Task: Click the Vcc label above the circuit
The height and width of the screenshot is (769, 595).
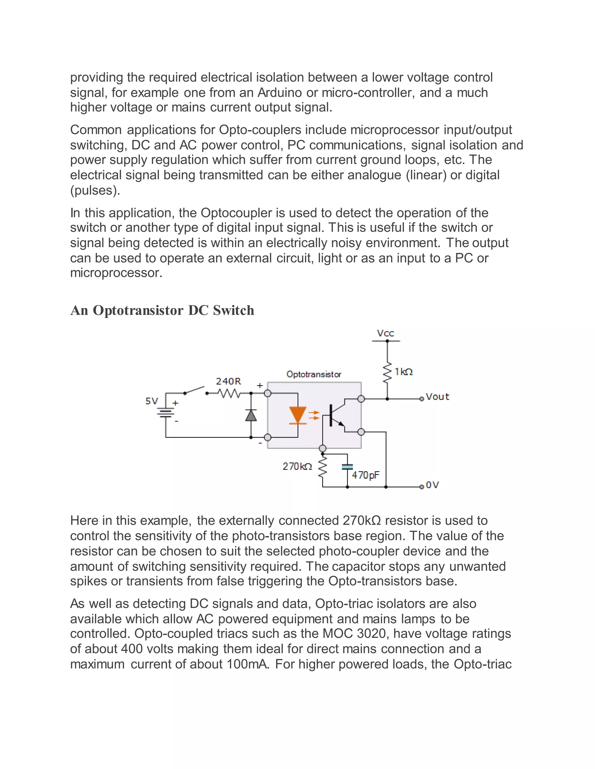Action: (x=385, y=333)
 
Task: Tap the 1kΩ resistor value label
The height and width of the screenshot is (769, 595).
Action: (x=403, y=372)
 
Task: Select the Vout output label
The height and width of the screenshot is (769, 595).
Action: (x=438, y=397)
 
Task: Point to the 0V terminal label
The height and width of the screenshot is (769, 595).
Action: (x=433, y=485)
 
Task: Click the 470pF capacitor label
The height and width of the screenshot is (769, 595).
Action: (x=365, y=475)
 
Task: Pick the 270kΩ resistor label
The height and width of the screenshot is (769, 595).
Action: (x=297, y=467)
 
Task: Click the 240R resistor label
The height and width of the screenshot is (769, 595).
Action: (x=228, y=381)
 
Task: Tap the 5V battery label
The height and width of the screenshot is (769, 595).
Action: (x=152, y=401)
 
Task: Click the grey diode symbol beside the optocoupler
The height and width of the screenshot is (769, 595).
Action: (x=251, y=416)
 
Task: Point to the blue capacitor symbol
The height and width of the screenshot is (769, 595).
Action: (x=347, y=467)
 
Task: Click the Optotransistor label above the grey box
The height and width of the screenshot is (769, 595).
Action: (x=314, y=374)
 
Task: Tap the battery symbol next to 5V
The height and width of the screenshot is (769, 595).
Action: (x=166, y=413)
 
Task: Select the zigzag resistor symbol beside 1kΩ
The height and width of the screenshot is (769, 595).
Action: (x=387, y=372)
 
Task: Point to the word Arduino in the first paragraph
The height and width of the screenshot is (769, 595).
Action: (x=279, y=93)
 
